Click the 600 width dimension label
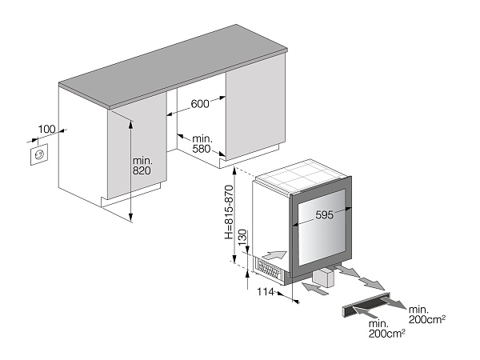coord(199,103)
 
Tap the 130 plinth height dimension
coord(242,238)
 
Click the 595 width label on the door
coord(319,215)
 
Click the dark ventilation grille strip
coord(365,304)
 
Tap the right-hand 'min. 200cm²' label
coord(426,314)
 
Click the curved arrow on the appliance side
coord(273,255)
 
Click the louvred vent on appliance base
coord(267,270)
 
